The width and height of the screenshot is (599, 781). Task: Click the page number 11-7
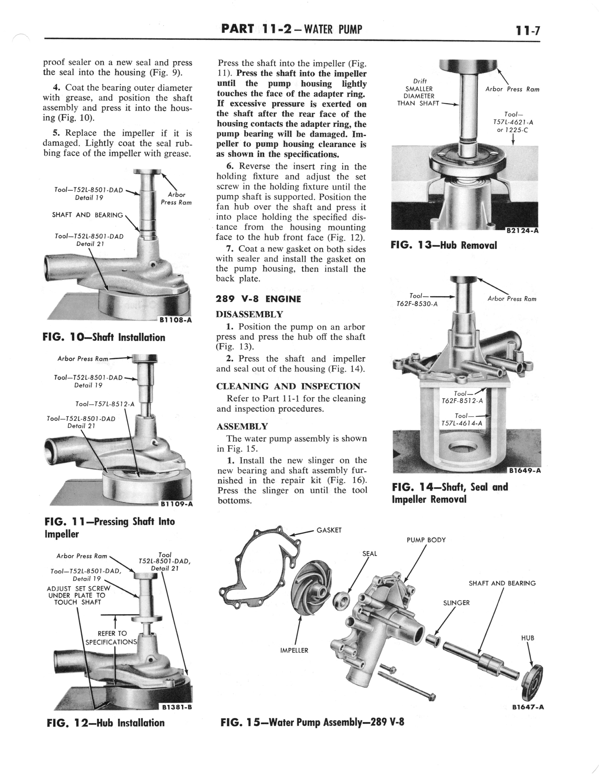tap(527, 30)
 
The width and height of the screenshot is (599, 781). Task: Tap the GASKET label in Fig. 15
tap(329, 530)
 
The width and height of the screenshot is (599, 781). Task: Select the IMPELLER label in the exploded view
tap(294, 650)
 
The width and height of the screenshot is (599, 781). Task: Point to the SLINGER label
tap(456, 603)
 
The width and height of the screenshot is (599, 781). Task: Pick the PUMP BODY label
tap(426, 540)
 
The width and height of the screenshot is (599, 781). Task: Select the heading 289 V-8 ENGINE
tap(258, 299)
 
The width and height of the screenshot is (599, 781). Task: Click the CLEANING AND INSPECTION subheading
tap(288, 386)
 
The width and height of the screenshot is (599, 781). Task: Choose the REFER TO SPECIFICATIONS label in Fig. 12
tap(112, 638)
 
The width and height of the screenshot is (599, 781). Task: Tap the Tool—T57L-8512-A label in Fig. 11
tap(105, 404)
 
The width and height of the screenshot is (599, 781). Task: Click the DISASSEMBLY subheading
tap(249, 314)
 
